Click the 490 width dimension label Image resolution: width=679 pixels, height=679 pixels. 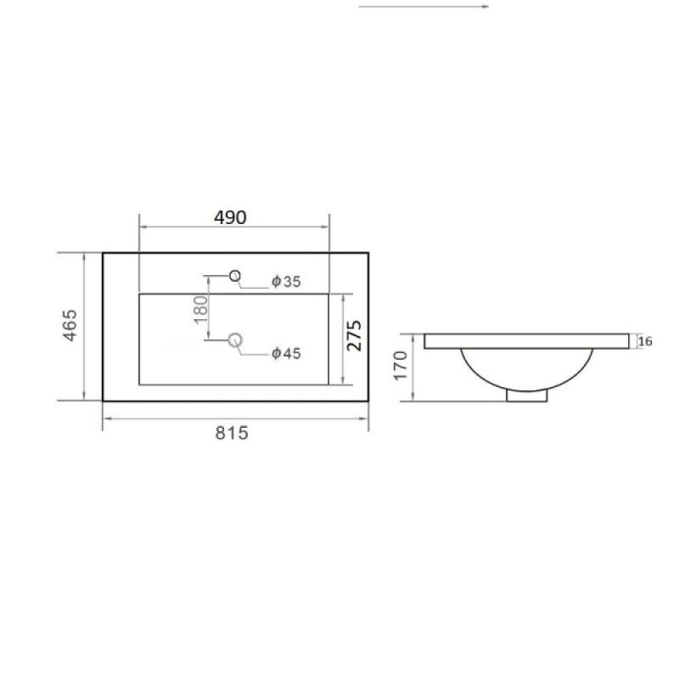pos(230,217)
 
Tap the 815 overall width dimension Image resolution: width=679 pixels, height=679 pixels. pos(232,433)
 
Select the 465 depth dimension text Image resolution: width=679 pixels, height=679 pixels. pos(70,325)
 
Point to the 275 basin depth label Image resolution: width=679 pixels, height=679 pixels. pos(354,335)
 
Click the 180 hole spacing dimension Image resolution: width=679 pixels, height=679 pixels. pos(201,309)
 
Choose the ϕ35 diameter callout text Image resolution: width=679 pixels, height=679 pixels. pos(286,282)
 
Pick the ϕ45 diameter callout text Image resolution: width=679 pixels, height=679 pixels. pos(286,353)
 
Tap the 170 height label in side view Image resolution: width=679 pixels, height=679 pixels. pos(401,366)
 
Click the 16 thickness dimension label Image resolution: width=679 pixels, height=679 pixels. pos(645,341)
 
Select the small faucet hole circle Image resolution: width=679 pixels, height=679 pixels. pos(235,271)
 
